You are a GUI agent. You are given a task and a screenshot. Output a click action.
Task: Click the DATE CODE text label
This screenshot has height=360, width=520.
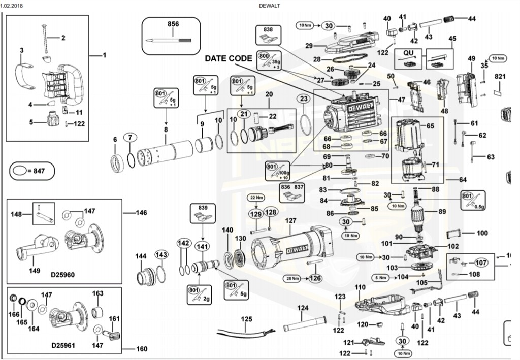(x=228, y=58)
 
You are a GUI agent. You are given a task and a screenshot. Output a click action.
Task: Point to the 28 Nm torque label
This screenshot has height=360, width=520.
(x=291, y=278)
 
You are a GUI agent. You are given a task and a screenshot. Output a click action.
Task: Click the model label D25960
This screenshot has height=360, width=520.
(x=62, y=275)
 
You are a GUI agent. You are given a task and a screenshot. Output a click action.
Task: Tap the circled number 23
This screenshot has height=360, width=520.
(x=304, y=99)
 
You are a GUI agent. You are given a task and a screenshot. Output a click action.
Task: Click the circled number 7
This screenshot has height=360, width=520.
(x=131, y=137)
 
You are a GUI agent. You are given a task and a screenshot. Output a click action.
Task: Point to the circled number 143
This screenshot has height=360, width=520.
(x=161, y=254)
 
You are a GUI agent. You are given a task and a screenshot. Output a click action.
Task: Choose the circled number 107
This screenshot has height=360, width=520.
(x=480, y=263)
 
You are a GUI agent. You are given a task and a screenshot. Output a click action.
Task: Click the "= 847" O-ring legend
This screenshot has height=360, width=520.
(x=32, y=171)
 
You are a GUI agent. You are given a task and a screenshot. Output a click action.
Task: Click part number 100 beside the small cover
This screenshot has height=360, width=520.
(x=482, y=233)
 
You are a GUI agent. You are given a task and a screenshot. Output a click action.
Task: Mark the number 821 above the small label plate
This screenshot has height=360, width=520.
(x=501, y=76)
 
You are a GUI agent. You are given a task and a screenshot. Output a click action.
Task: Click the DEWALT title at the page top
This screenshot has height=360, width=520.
(x=269, y=6)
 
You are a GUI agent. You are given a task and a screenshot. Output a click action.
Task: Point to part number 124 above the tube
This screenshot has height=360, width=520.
(x=303, y=308)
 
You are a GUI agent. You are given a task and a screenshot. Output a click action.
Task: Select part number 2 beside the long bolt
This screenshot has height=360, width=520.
(x=63, y=37)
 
